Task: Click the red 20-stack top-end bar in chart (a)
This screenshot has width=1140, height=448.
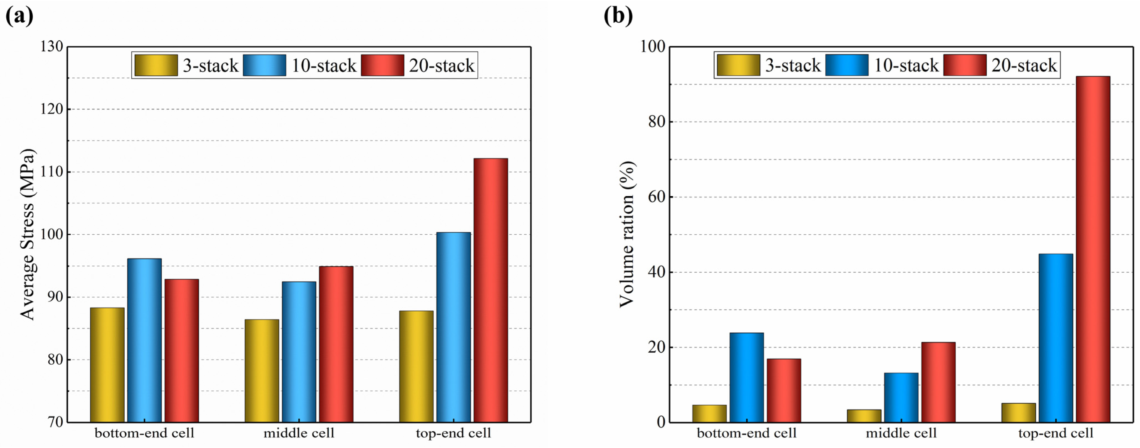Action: tap(490, 290)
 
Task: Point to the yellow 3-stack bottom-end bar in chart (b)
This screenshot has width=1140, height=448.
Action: tap(709, 413)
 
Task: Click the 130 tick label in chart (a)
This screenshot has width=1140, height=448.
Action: tap(51, 46)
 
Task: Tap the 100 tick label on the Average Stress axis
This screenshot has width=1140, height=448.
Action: tap(51, 234)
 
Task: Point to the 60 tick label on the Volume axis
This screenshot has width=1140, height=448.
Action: tap(657, 197)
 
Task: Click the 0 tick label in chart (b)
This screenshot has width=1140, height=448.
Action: tap(661, 422)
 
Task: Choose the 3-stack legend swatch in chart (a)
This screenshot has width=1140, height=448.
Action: tap(156, 65)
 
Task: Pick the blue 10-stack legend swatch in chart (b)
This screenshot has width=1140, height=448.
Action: tap(847, 65)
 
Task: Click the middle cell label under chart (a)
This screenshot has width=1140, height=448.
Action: tap(299, 433)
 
